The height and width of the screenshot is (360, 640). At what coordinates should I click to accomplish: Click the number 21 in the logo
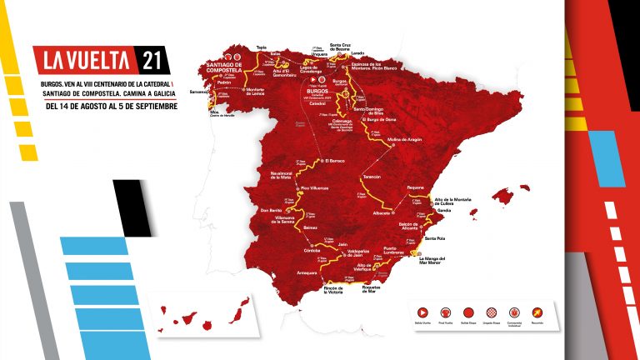(x=152, y=60)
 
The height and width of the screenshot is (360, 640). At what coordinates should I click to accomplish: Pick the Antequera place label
(x=307, y=272)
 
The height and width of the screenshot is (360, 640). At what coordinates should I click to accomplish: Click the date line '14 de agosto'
(x=111, y=106)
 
